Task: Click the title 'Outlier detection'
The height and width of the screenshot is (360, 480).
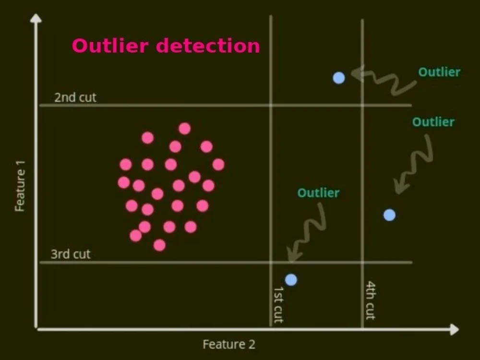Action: (x=166, y=46)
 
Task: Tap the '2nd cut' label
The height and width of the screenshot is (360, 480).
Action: (x=75, y=97)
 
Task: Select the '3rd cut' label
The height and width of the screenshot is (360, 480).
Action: (x=71, y=254)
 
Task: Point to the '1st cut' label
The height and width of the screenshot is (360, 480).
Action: (x=278, y=304)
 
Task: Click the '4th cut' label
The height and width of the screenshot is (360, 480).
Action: (x=371, y=300)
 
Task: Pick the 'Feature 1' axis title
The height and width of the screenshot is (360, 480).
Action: (x=20, y=186)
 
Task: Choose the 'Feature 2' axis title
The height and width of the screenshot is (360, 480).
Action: (x=229, y=344)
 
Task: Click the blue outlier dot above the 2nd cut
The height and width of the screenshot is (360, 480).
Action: (x=339, y=78)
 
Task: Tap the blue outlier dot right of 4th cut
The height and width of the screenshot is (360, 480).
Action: (x=389, y=215)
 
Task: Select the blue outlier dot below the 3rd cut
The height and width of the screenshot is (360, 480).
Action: (x=291, y=280)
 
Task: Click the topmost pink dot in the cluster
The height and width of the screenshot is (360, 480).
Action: (x=185, y=129)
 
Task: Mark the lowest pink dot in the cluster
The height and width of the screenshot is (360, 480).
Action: (x=159, y=245)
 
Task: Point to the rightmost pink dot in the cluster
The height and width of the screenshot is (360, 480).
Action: (x=218, y=164)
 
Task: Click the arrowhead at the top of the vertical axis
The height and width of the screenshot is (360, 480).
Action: (x=36, y=18)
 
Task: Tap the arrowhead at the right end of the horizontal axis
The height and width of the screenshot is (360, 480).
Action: (x=455, y=330)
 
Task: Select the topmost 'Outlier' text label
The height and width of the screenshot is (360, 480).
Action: (x=439, y=72)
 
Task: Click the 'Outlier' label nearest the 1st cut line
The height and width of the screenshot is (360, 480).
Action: (x=318, y=193)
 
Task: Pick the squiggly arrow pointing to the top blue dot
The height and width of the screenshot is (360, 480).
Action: (x=384, y=80)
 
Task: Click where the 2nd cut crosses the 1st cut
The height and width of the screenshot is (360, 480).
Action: (x=271, y=106)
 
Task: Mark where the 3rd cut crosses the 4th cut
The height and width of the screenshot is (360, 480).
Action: (x=362, y=263)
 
